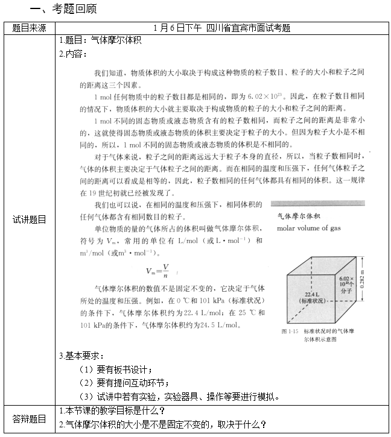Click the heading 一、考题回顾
point(63,10)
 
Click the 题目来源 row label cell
point(29,28)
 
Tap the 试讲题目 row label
point(29,219)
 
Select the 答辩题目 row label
point(29,418)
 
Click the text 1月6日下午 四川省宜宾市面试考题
point(221,28)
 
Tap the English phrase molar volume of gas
point(308,228)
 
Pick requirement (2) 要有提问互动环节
point(124,382)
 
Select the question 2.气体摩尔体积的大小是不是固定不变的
point(163,424)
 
